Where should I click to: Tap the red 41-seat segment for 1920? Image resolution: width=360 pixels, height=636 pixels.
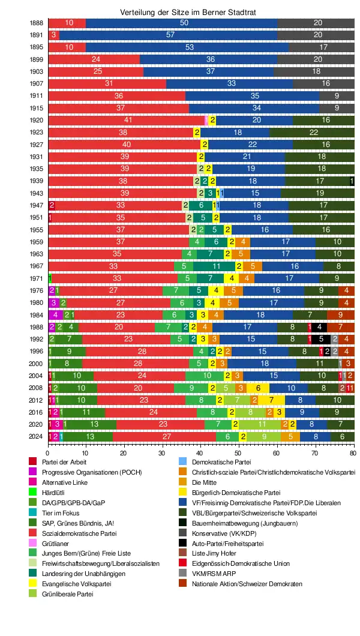tap(127, 119)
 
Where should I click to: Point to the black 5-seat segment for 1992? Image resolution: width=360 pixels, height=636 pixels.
tap(322, 339)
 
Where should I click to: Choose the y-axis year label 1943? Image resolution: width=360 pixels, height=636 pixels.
tap(37, 193)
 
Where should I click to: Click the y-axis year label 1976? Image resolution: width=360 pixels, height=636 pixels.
tap(37, 290)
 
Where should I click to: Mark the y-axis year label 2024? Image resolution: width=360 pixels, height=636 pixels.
tap(37, 436)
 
